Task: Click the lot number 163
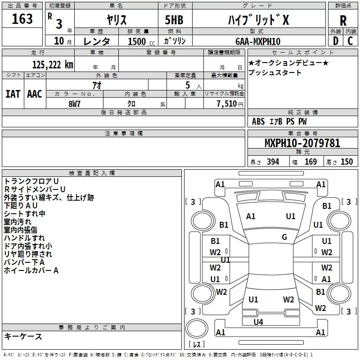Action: click(x=22, y=18)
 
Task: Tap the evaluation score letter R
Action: click(x=343, y=21)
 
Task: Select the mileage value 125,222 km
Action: click(x=53, y=65)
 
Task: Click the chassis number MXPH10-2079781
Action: click(x=302, y=143)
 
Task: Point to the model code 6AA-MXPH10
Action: click(x=258, y=41)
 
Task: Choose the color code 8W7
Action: click(x=74, y=104)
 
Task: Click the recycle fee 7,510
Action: click(x=227, y=103)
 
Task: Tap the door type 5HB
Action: click(x=174, y=20)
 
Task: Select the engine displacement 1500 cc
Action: click(x=141, y=41)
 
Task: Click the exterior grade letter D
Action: click(x=336, y=41)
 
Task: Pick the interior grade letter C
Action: click(x=350, y=41)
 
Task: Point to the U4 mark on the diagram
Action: click(x=258, y=322)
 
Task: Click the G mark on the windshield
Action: click(x=284, y=237)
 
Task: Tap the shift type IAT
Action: click(x=13, y=94)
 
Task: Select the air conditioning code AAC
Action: click(x=35, y=94)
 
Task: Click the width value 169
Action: click(x=310, y=162)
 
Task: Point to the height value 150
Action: click(x=346, y=162)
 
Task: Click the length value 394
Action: click(x=273, y=162)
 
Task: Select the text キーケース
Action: click(x=23, y=336)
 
